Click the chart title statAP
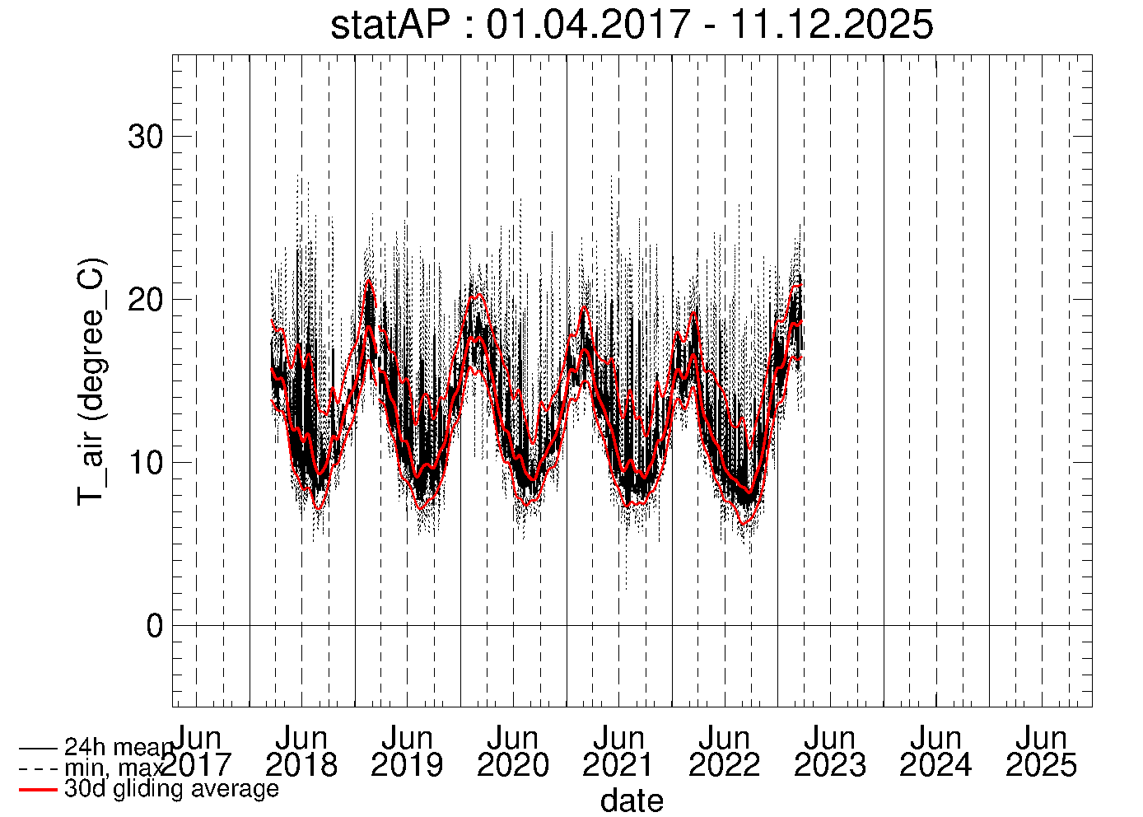pos(632,25)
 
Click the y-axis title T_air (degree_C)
pos(91,380)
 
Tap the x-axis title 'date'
pos(632,800)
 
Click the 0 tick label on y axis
pos(155,626)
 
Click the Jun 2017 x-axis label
pos(196,751)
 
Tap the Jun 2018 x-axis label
pos(301,751)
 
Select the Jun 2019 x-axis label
pos(407,751)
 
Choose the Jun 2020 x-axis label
pos(513,751)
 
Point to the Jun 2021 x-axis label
pos(618,751)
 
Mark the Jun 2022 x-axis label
pos(725,751)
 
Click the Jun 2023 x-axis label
pos(830,751)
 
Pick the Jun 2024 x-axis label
pos(935,751)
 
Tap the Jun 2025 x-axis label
pos(1042,751)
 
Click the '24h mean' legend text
pos(119,748)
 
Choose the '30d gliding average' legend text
pos(171,789)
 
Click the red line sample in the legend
pos(38,790)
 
